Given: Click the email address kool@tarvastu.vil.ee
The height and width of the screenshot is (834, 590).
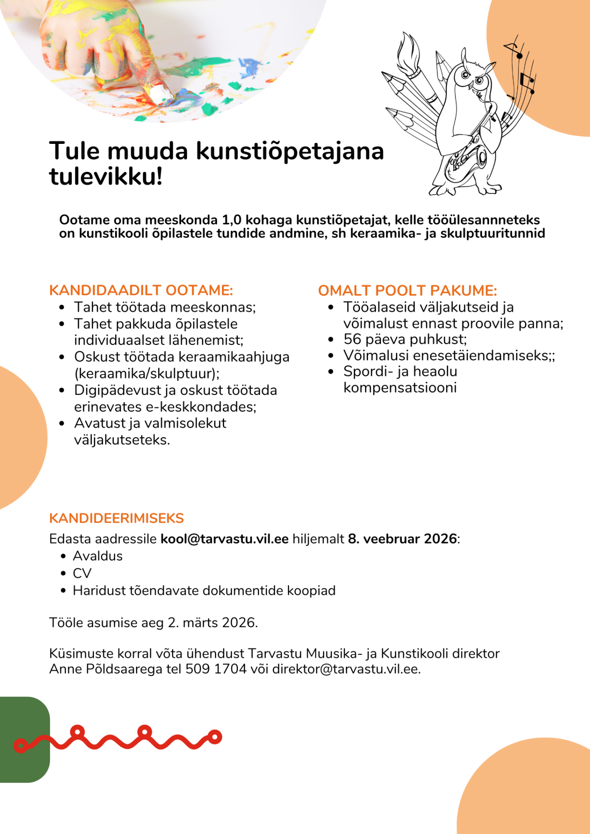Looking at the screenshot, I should [224, 539].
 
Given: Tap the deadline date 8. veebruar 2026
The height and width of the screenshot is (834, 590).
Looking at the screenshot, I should [402, 539].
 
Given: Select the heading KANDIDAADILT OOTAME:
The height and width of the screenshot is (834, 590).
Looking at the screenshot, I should [141, 290].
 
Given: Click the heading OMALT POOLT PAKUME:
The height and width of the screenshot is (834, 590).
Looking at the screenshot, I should [408, 290].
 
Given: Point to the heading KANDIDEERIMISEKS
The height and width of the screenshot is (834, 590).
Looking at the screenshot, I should [116, 518].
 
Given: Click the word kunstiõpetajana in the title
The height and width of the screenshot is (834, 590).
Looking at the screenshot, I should [290, 151].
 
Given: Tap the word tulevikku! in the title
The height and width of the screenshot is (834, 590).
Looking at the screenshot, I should [106, 176].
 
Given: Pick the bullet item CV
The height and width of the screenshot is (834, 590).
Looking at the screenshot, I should [82, 573].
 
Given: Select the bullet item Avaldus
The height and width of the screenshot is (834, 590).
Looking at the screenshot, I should [97, 556].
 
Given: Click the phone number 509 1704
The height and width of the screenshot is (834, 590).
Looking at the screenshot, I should [216, 669].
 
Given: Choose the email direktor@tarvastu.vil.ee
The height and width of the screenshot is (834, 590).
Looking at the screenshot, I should [346, 669].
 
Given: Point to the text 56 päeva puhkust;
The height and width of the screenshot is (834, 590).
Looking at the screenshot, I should [405, 340].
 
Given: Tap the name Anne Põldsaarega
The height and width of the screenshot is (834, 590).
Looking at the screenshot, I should [105, 669].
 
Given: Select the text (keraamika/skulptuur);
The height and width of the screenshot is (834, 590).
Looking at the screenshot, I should [147, 374].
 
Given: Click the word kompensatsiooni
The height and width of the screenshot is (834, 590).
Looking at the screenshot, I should [400, 388].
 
